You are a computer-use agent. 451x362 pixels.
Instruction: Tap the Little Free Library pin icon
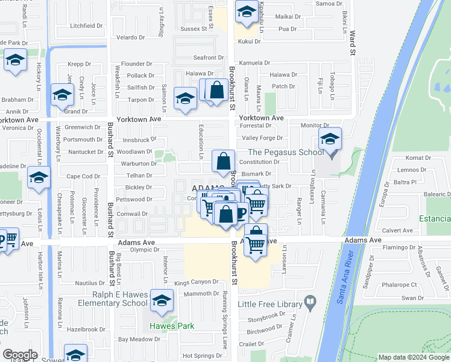[x=310, y=301]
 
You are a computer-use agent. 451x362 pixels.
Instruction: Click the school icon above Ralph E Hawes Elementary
[x=161, y=301]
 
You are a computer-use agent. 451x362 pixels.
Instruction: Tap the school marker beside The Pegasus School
[x=330, y=140]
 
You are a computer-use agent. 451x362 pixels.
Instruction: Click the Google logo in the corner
[x=20, y=355]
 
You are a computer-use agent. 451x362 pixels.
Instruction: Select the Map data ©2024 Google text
[x=413, y=357]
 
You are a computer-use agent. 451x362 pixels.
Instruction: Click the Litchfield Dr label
[x=86, y=26]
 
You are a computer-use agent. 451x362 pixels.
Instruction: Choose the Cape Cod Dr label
[x=83, y=176]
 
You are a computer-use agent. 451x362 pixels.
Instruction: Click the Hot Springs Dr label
[x=203, y=356]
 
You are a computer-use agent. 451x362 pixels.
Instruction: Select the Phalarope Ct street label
[x=397, y=285]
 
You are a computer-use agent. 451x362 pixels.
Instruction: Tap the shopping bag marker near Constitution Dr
[x=223, y=161]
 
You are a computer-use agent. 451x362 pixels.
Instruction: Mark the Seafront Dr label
[x=209, y=57]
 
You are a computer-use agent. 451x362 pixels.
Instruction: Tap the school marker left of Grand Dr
[x=61, y=95]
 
